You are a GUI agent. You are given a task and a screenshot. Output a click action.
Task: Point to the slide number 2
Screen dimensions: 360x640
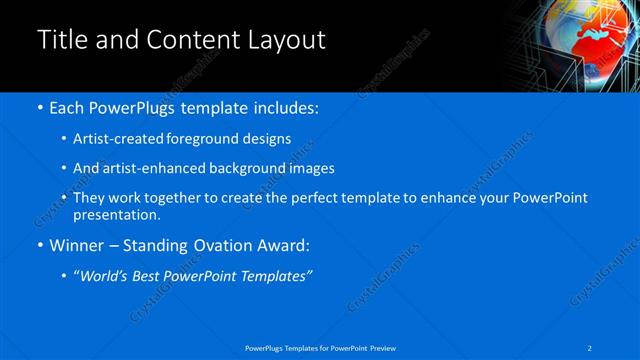pyautogui.click(x=591, y=347)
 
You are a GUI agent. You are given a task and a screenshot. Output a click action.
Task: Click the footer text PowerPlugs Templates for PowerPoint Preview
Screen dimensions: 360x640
pyautogui.click(x=320, y=347)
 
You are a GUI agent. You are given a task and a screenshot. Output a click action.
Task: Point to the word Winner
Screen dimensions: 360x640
pyautogui.click(x=78, y=245)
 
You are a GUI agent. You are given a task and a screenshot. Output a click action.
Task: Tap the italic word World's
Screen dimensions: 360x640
pyautogui.click(x=107, y=276)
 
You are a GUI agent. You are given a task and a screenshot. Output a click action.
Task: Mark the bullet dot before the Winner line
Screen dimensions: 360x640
pyautogui.click(x=39, y=245)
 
